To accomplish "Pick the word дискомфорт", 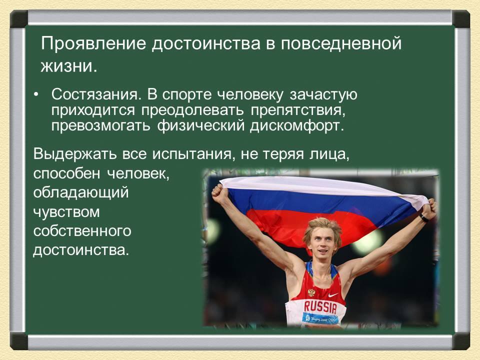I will tap(300, 125).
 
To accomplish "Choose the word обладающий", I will tap(80, 192).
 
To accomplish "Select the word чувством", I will tap(66, 212).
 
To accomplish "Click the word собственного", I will tap(81, 231).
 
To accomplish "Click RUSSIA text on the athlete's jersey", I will tap(320, 305).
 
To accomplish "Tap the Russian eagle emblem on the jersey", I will tap(311, 291).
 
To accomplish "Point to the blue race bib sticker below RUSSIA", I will tap(320, 318).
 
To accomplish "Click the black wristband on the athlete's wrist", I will tap(423, 218).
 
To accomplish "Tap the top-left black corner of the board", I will tap(19, 19).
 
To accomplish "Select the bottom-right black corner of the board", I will tap(461, 341).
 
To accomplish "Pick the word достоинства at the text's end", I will tap(80, 250).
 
